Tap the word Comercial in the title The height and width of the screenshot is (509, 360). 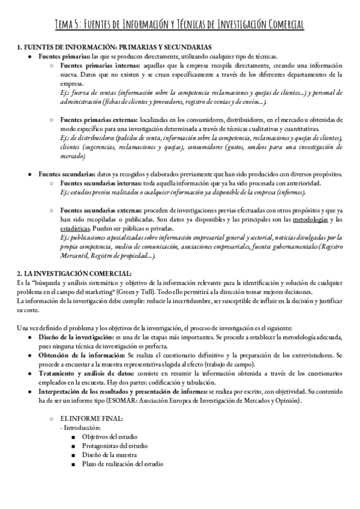tap(281, 25)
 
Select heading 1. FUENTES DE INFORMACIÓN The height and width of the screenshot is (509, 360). tap(113, 47)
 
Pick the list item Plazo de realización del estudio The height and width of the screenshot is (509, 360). tap(122, 464)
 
